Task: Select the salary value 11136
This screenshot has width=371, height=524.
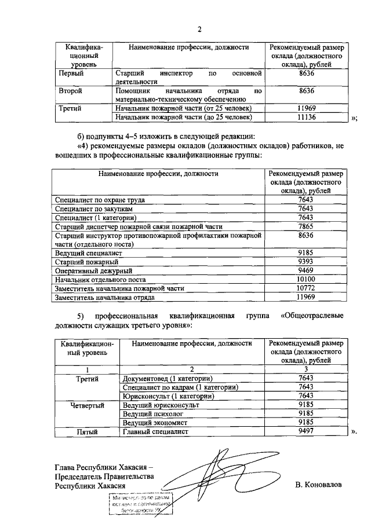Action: pos(305,118)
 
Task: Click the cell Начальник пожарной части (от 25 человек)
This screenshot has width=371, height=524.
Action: pos(184,108)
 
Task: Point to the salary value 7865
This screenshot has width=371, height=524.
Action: pos(305,227)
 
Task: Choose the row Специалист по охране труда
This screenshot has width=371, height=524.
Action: pos(99,200)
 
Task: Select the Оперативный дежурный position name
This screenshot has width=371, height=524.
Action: pos(93,270)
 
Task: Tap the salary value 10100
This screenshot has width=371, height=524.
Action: pos(305,279)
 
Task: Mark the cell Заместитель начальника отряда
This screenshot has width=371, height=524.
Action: pos(104,297)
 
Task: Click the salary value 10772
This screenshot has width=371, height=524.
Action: pos(305,288)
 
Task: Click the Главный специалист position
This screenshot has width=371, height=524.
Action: pos(153,431)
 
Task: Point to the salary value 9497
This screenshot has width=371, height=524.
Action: pos(305,431)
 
